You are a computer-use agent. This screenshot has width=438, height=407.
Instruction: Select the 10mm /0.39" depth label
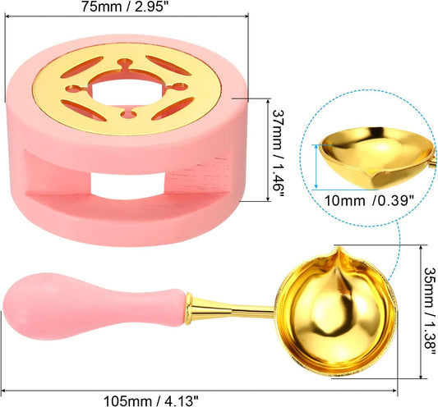pyautogui.click(x=369, y=200)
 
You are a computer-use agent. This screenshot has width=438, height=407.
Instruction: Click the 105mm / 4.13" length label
pyautogui.click(x=151, y=401)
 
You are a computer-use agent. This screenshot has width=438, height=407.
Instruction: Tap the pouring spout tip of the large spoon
pyautogui.click(x=339, y=248)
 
